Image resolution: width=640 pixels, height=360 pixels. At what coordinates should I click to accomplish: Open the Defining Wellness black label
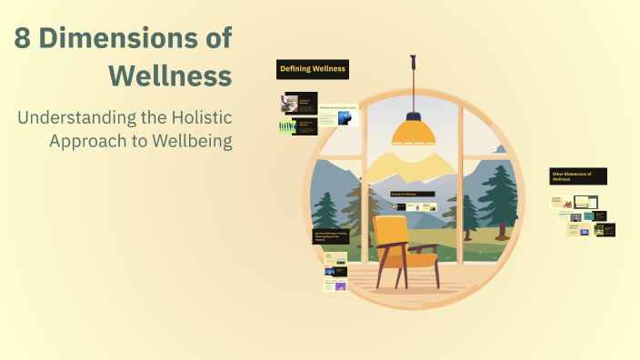coord(313,69)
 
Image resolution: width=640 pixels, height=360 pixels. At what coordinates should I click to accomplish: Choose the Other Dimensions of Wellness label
coord(577,175)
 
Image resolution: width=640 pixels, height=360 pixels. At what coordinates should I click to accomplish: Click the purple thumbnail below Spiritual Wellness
coord(340,286)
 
